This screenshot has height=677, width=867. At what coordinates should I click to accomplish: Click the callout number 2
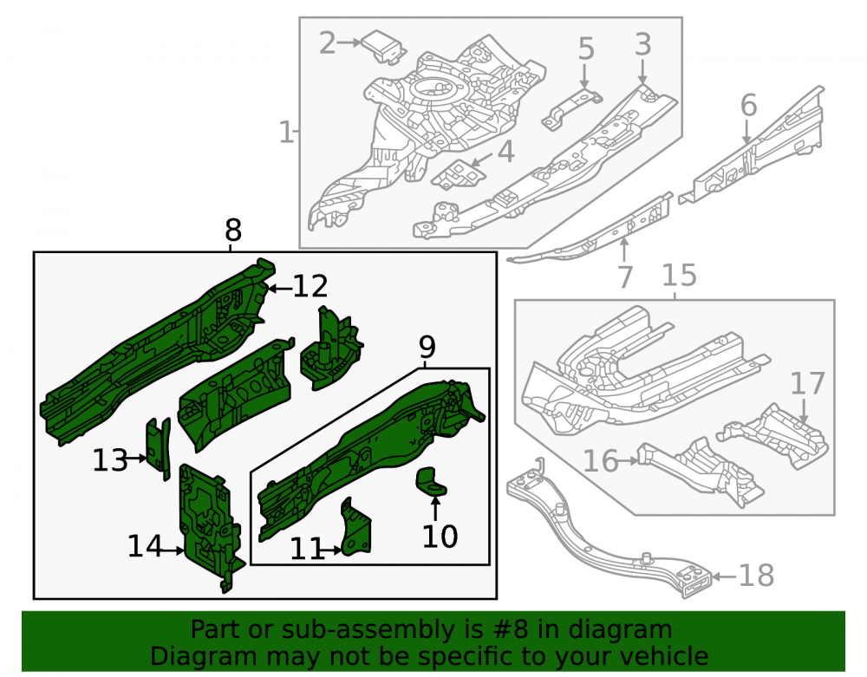point(328,43)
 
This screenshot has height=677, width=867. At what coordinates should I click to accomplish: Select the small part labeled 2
point(384,47)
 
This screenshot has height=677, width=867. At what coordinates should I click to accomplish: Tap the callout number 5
point(586,49)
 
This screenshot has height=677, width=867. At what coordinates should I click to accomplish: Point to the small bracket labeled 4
point(457,173)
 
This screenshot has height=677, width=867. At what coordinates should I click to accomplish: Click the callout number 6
point(748,105)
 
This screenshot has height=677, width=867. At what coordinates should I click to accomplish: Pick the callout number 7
point(624,277)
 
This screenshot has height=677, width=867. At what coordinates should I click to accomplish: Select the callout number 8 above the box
point(233,230)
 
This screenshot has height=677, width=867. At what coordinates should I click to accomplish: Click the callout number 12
point(310,286)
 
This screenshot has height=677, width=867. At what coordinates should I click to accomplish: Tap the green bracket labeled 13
point(158,448)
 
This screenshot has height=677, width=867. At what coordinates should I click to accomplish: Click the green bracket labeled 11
point(356,527)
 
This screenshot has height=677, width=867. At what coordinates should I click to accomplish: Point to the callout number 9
point(427,347)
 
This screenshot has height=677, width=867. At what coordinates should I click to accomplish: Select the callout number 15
point(679,275)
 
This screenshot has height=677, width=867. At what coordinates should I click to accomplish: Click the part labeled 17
point(774,436)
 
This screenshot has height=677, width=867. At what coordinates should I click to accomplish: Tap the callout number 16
point(601,460)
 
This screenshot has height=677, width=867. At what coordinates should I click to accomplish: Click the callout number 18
point(756,576)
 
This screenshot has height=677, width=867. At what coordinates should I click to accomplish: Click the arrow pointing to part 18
point(724,576)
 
